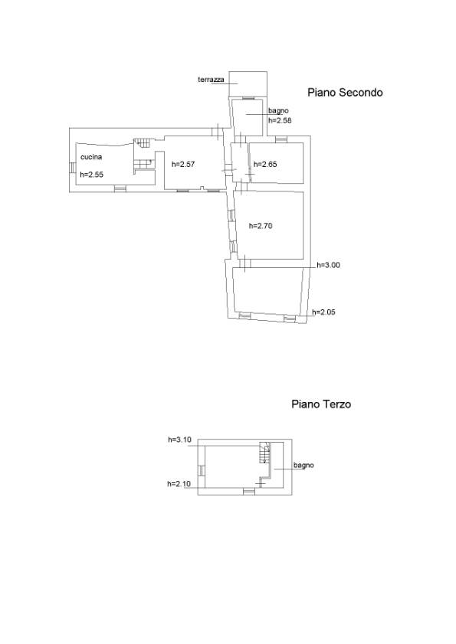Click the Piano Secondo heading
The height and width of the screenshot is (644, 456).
click(345, 93)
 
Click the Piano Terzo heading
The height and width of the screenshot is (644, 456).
click(321, 404)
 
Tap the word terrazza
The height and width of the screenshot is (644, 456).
click(211, 80)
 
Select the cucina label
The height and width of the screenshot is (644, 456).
click(91, 157)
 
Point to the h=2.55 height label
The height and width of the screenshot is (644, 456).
click(92, 174)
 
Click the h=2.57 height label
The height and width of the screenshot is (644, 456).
click(183, 165)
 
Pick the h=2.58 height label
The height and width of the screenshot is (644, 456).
click(280, 120)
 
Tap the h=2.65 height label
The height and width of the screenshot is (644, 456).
click(265, 165)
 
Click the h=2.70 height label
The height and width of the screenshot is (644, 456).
click(261, 226)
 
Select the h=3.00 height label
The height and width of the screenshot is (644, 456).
click(329, 265)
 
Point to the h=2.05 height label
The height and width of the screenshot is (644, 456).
click(323, 312)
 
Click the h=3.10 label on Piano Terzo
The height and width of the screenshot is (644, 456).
click(179, 440)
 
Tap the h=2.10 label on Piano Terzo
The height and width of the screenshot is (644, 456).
click(179, 484)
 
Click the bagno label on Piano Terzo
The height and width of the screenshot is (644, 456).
click(303, 466)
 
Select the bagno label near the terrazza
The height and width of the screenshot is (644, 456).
click(278, 110)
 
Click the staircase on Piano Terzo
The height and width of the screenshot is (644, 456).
click(265, 453)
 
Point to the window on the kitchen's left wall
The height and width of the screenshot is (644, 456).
click(72, 168)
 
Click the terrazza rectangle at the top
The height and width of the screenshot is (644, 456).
click(248, 84)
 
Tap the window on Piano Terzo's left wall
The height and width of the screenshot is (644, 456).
click(201, 471)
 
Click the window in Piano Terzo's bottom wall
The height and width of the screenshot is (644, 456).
click(249, 491)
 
